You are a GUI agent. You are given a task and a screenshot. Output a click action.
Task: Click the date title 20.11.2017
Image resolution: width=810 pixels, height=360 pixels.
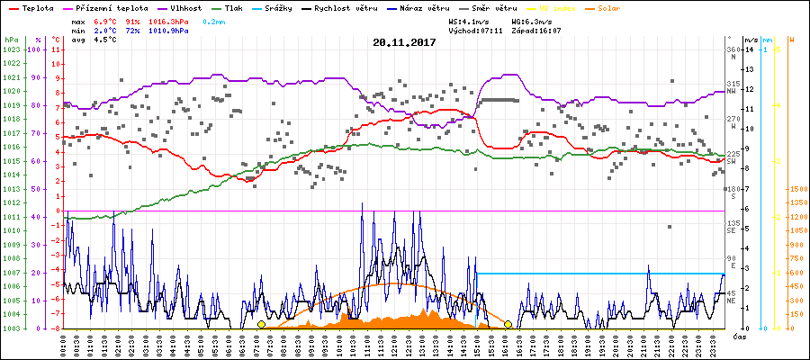(x=405, y=42)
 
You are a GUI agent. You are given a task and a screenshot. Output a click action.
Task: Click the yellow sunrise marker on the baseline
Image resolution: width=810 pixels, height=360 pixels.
(x=261, y=324)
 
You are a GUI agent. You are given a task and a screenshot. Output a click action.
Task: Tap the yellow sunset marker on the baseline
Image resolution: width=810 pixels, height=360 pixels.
(x=508, y=324)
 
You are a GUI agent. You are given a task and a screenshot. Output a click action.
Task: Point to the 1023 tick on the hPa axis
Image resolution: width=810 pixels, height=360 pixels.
(x=11, y=49)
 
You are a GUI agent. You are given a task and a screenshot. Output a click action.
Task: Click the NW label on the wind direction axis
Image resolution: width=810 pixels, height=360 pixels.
(x=733, y=91)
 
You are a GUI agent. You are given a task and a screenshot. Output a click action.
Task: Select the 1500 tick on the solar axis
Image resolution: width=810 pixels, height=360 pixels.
(x=797, y=189)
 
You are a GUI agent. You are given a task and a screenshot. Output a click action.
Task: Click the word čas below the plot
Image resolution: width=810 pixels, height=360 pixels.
(x=738, y=336)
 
